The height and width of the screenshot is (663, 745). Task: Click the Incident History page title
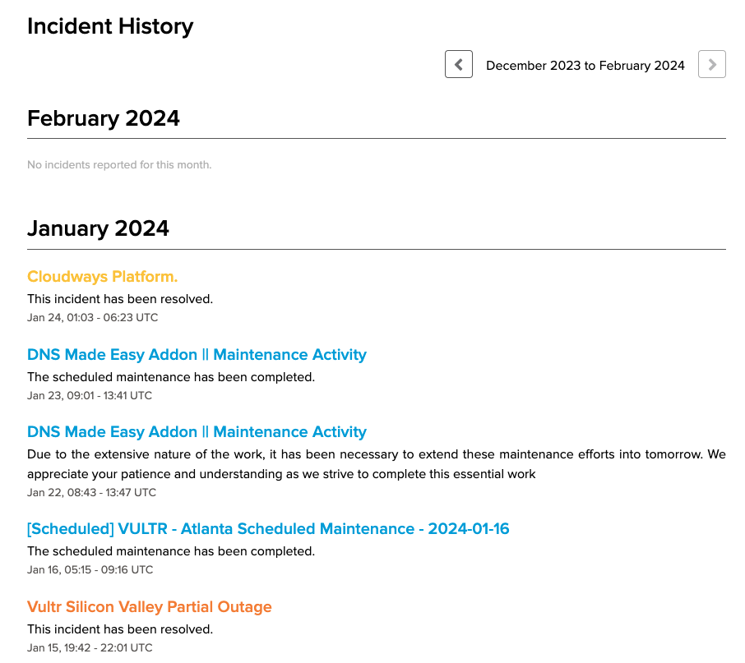click(110, 26)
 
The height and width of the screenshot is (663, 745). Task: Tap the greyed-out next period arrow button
click(711, 64)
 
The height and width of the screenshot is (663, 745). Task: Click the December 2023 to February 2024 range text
click(585, 66)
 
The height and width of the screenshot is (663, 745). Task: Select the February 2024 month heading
click(104, 118)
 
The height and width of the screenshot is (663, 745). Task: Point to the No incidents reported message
click(119, 165)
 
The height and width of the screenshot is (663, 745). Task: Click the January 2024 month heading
click(98, 228)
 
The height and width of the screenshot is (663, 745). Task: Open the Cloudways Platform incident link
click(102, 277)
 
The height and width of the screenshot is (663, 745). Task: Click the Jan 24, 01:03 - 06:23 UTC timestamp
click(92, 317)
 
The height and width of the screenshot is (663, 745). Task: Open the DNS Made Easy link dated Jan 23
click(197, 355)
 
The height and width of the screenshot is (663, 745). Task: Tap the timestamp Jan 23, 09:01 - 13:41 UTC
click(90, 395)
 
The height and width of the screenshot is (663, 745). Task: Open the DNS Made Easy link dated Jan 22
click(197, 432)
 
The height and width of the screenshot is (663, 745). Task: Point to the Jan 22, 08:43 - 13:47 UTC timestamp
click(91, 493)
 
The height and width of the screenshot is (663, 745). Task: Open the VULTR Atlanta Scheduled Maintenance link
click(268, 529)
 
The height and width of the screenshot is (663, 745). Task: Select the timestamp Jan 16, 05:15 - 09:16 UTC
click(90, 569)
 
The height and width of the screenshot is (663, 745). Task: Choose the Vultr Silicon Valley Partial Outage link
click(149, 607)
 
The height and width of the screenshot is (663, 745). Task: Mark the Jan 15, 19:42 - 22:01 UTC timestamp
click(90, 647)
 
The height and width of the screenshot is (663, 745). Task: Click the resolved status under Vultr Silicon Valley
click(120, 629)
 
